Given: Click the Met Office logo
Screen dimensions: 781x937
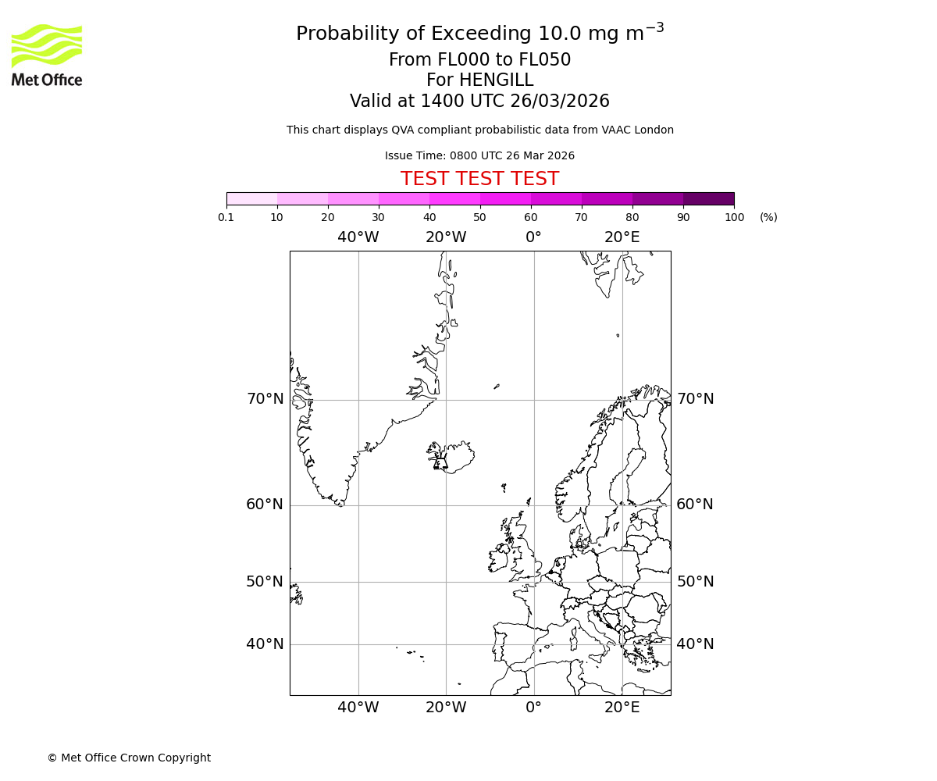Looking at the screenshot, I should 47,55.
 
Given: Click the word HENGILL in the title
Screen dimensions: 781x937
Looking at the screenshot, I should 495,80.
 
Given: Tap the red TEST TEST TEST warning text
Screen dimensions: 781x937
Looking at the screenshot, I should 479,179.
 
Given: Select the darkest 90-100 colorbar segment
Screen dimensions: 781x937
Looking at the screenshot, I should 708,198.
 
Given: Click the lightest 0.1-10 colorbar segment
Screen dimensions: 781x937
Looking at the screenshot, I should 251,198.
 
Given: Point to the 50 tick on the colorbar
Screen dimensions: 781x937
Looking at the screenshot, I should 479,217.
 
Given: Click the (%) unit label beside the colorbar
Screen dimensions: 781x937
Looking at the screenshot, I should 768,217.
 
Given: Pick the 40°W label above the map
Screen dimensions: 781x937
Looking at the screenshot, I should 358,237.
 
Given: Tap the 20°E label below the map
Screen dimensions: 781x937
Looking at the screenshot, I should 622,708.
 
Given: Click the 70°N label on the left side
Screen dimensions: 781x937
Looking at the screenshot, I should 265,399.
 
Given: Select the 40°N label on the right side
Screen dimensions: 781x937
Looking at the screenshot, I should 694,644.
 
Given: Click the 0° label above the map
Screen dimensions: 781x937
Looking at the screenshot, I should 533,237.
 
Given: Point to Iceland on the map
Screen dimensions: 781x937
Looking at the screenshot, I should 453,457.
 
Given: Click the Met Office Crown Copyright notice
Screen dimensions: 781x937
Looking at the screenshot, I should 129,758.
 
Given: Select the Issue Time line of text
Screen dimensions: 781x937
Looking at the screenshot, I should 479,155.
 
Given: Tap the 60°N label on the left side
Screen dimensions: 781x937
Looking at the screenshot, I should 265,505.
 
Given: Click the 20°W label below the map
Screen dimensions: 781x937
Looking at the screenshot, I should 446,708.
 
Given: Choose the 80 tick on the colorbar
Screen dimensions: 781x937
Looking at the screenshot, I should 632,217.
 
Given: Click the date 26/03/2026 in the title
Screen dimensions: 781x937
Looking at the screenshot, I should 560,102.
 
